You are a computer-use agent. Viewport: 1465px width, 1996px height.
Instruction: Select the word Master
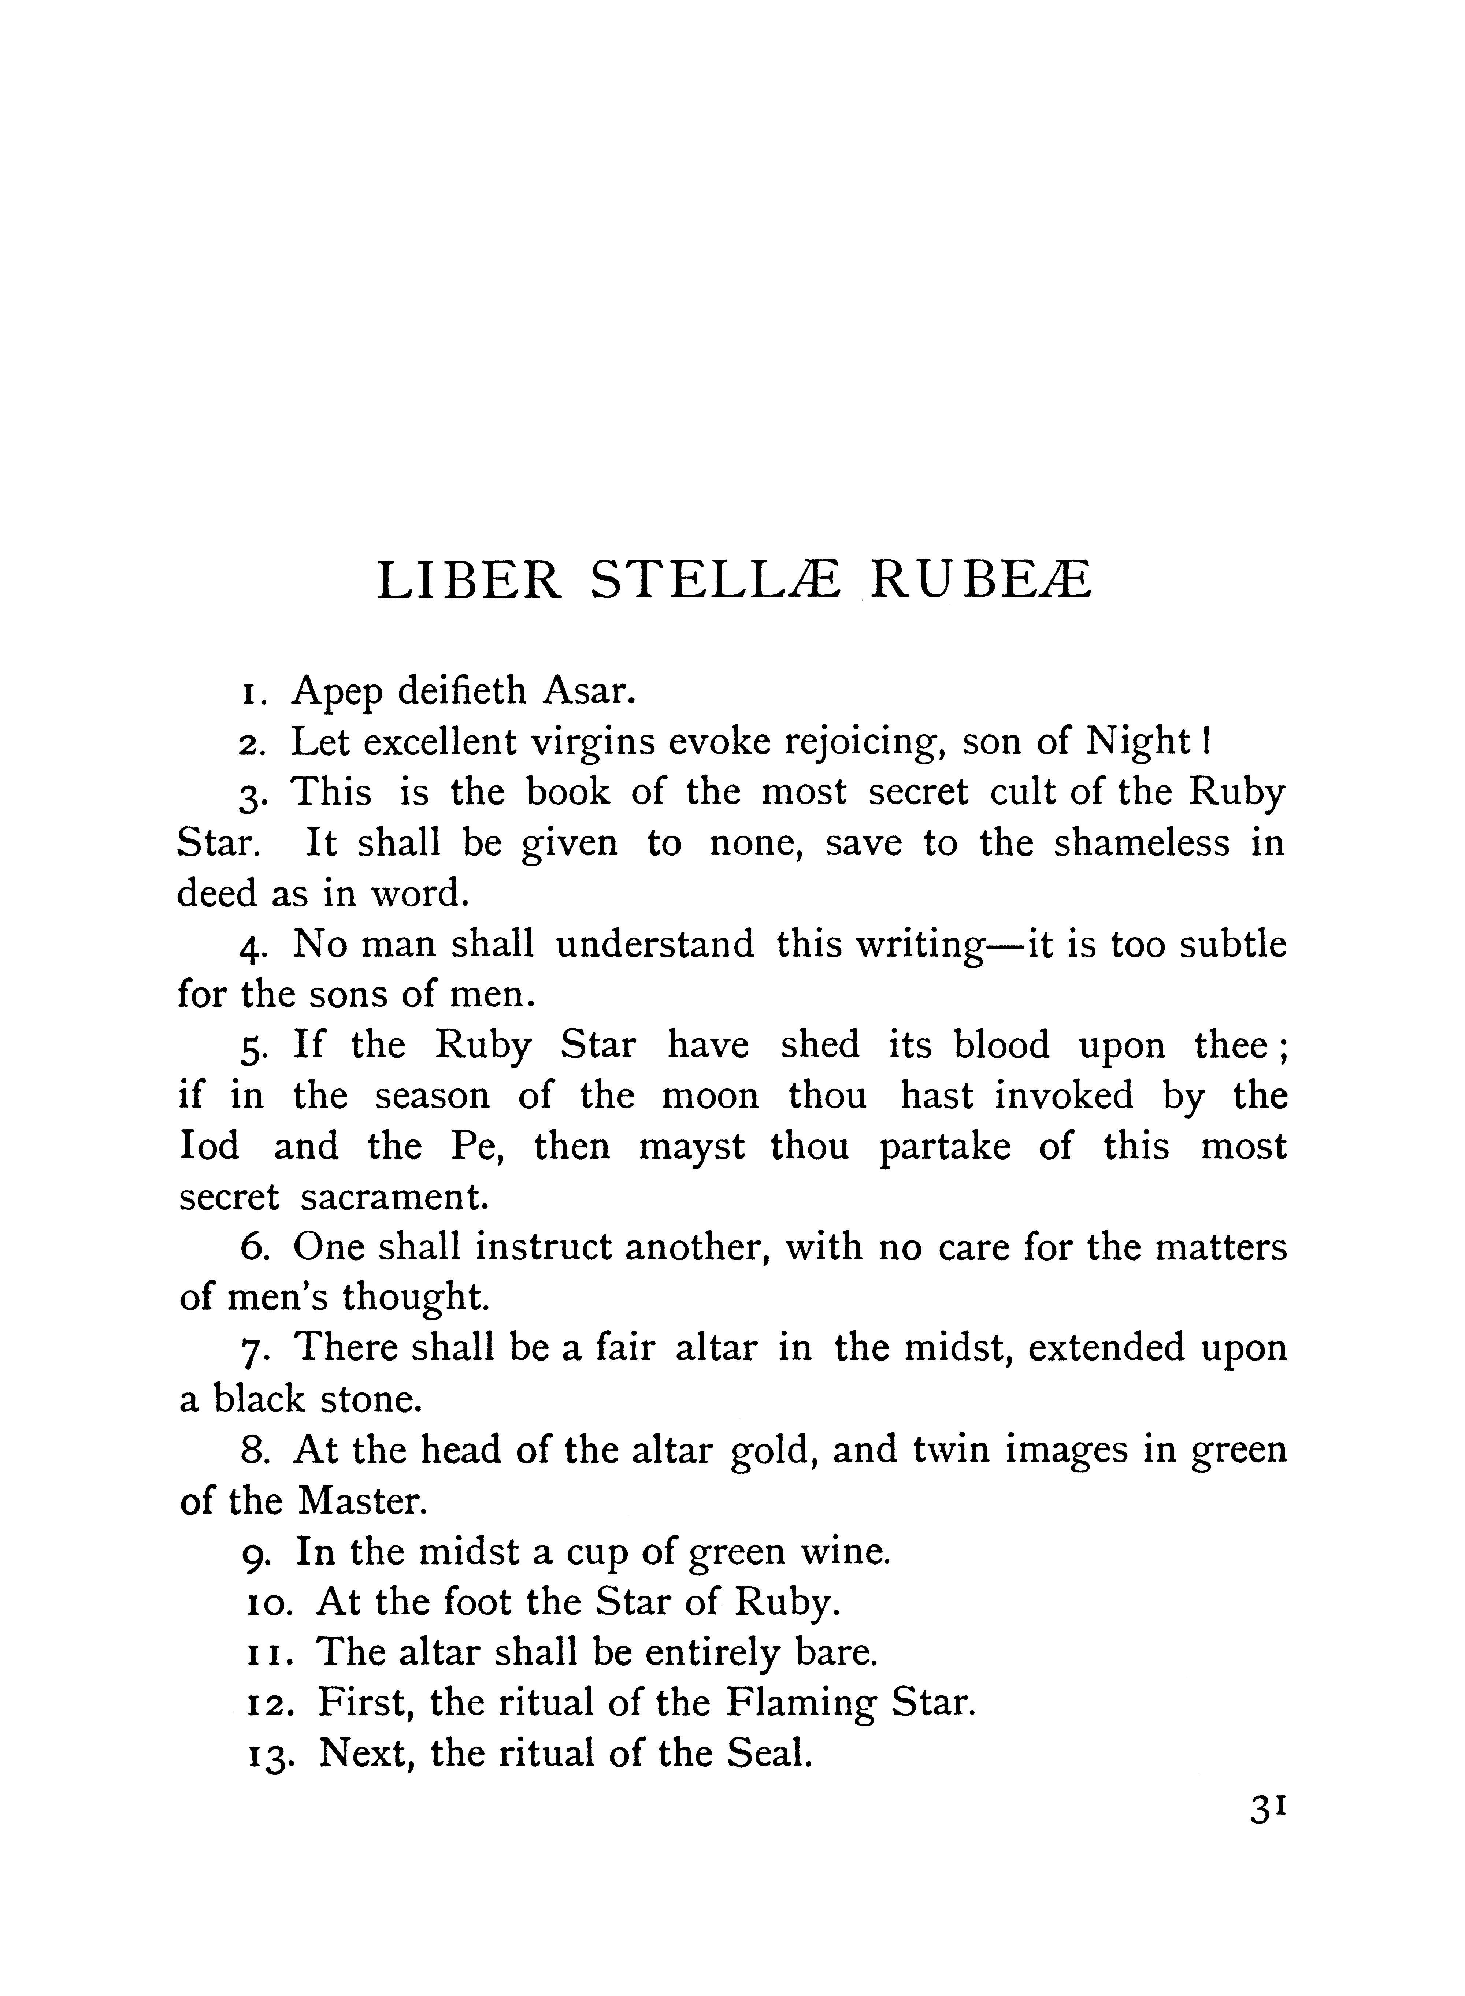pyautogui.click(x=363, y=1500)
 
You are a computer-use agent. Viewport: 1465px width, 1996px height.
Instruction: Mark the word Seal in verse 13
pyautogui.click(x=768, y=1753)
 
